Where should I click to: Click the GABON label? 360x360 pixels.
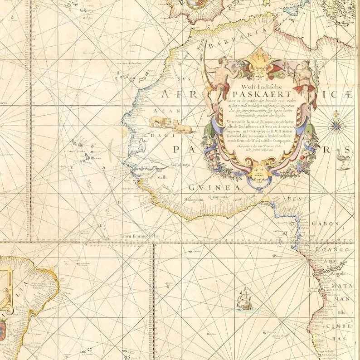click(325, 224)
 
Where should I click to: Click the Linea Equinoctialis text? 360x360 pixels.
click(140, 236)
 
